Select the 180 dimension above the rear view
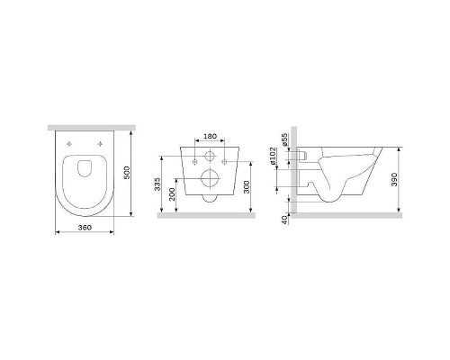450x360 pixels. coord(210,136)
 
